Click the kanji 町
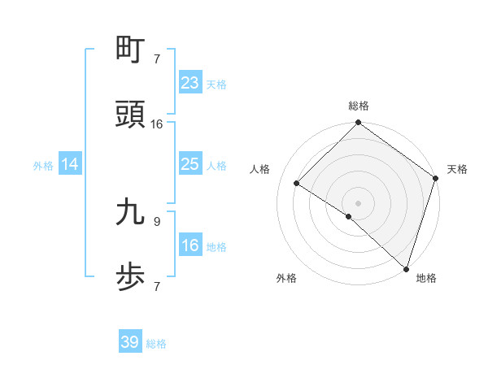click(x=131, y=50)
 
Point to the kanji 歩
click(x=131, y=277)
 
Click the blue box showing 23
click(x=190, y=83)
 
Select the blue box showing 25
click(x=190, y=165)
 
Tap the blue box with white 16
click(x=190, y=246)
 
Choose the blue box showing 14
click(x=70, y=165)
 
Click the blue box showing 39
click(x=129, y=343)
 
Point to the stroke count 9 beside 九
click(x=156, y=221)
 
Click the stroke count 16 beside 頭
click(x=157, y=124)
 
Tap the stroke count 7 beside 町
click(x=156, y=59)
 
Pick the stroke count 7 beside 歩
click(x=156, y=286)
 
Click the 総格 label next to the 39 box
click(x=156, y=344)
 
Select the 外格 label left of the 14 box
click(x=43, y=166)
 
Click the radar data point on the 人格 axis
click(x=297, y=184)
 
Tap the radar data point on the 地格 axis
click(x=406, y=268)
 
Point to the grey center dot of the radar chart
click(x=358, y=202)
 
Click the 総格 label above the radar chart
click(x=359, y=106)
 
